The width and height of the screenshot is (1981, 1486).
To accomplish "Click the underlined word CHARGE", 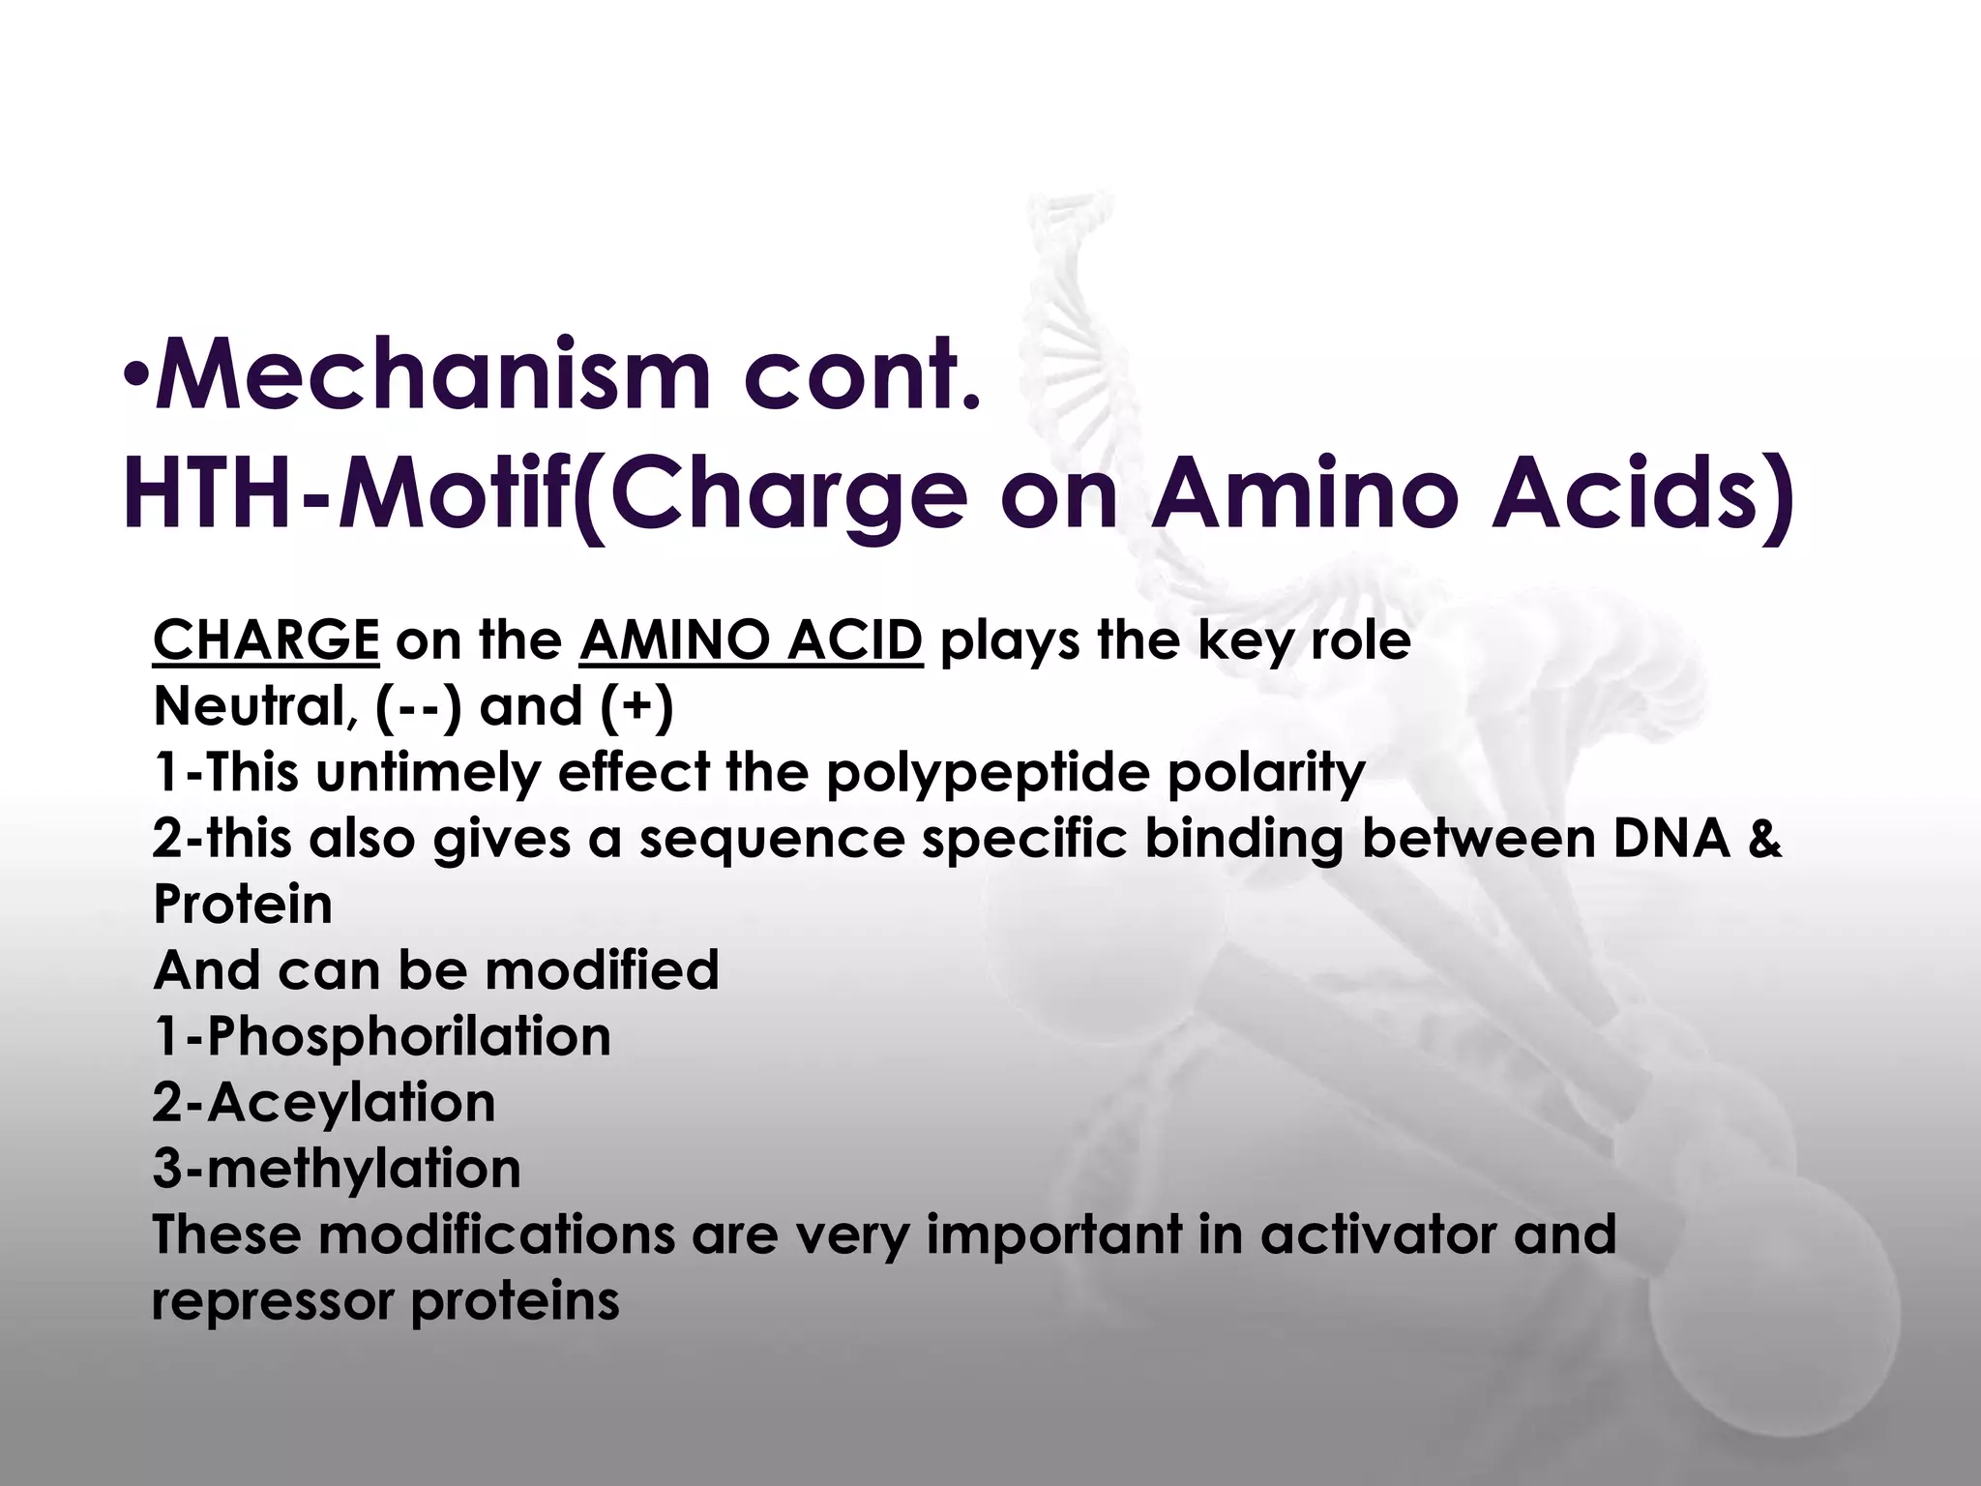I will click(x=266, y=640).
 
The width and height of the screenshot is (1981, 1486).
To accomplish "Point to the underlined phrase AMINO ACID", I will click(x=752, y=640).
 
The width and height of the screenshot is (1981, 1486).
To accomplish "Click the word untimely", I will click(x=427, y=773).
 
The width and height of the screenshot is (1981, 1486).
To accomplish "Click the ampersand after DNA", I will click(x=1764, y=839).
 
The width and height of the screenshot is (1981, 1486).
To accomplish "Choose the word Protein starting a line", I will click(x=242, y=905).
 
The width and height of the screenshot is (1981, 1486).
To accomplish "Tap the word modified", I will click(x=601, y=970).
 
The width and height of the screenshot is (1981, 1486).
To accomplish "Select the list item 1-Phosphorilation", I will click(x=381, y=1036).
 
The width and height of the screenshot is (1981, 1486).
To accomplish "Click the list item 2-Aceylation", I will click(x=323, y=1102).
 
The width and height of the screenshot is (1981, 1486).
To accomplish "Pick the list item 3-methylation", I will click(x=336, y=1168).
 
